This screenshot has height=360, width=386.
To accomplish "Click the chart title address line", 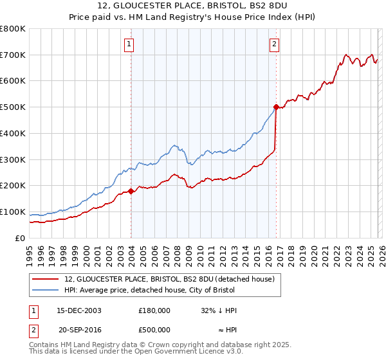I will coord(193,6).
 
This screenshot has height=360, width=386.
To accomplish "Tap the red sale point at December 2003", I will coord(131,191).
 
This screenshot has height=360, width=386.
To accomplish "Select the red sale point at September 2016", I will coord(276,107).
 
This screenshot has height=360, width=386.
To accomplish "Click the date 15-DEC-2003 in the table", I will coord(79,310).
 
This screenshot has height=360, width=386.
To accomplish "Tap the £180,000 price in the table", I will coord(154,310).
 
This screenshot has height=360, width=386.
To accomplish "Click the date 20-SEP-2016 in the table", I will coord(79,330).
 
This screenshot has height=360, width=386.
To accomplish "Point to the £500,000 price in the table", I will coord(154,330).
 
